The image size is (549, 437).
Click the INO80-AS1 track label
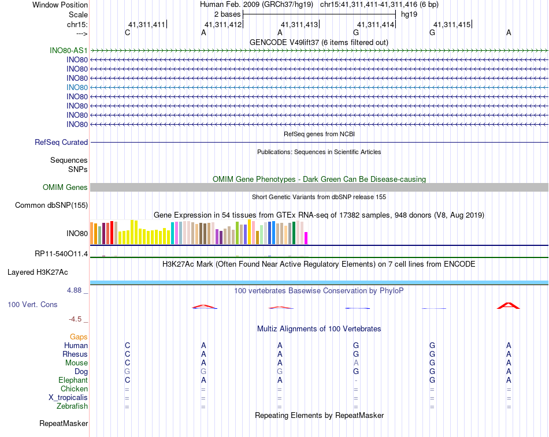(x=69, y=50)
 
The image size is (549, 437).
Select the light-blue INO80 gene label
(x=77, y=87)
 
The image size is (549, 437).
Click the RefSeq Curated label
(x=61, y=142)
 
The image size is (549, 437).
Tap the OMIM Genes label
(x=65, y=187)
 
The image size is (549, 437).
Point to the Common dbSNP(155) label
(x=51, y=205)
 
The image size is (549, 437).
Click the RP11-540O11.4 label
(x=61, y=253)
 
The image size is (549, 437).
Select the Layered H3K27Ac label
(x=47, y=271)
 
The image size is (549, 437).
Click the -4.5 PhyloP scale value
(x=75, y=319)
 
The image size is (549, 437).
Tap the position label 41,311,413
(x=299, y=24)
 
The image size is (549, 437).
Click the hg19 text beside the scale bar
(x=409, y=14)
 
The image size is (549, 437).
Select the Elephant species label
(x=73, y=380)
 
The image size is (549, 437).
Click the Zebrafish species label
(x=73, y=406)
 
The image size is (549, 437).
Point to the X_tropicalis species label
(x=68, y=398)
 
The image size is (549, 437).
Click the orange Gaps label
(x=79, y=337)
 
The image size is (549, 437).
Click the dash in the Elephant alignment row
(x=356, y=380)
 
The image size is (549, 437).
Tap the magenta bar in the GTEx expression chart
(x=306, y=238)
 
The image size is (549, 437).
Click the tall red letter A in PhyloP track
(x=509, y=305)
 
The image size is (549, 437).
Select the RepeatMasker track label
(x=64, y=424)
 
